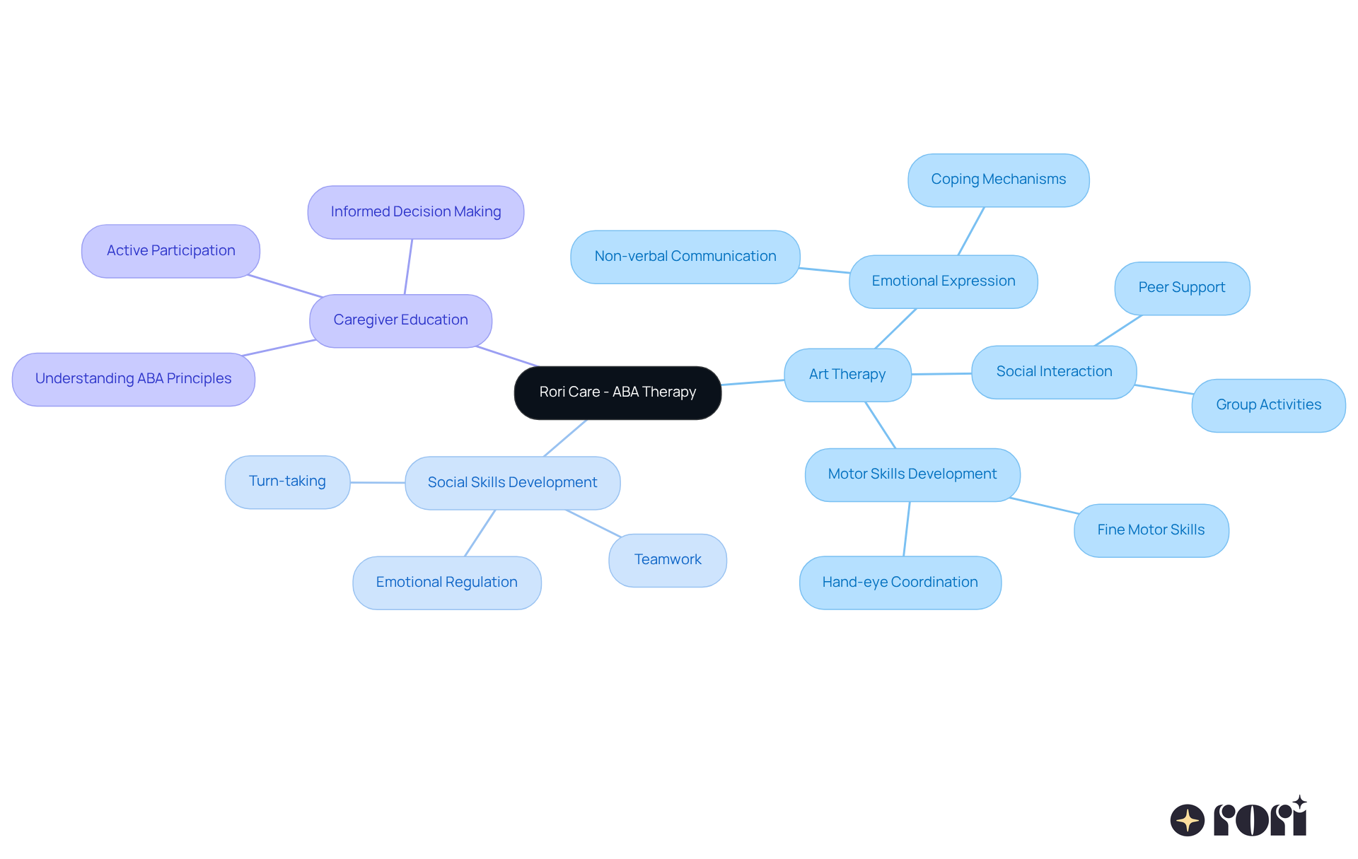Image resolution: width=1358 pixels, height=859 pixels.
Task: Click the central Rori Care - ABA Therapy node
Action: point(617,392)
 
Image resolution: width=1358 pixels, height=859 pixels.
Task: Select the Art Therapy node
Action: point(847,375)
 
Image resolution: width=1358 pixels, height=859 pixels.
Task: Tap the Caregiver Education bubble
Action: point(400,320)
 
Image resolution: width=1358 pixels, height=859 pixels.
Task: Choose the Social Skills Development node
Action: point(512,483)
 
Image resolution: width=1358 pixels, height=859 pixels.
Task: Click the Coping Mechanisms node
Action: point(998,180)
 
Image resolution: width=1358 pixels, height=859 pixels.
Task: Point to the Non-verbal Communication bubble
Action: point(685,257)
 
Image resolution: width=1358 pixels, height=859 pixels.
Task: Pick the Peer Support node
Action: point(1181,288)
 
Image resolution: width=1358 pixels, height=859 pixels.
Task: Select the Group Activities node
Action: point(1268,405)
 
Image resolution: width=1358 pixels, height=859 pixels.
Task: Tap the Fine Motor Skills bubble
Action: point(1151,530)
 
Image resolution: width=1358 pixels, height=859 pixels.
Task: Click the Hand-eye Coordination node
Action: point(900,583)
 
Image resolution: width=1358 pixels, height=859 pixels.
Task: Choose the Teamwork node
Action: point(667,560)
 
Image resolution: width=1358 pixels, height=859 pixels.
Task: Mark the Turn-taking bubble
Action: point(287,481)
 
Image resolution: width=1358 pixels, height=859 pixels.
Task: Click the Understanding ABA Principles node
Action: point(133,379)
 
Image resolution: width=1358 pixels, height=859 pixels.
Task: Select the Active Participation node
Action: point(170,251)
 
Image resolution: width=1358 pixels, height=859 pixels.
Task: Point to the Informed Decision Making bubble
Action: point(415,212)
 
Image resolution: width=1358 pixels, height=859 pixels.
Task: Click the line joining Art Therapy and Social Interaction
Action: point(941,373)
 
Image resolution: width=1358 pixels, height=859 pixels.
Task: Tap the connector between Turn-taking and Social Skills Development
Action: point(378,482)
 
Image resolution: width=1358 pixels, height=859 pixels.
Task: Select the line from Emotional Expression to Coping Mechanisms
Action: point(971,230)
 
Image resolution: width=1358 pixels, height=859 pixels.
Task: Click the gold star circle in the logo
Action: point(1187,820)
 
